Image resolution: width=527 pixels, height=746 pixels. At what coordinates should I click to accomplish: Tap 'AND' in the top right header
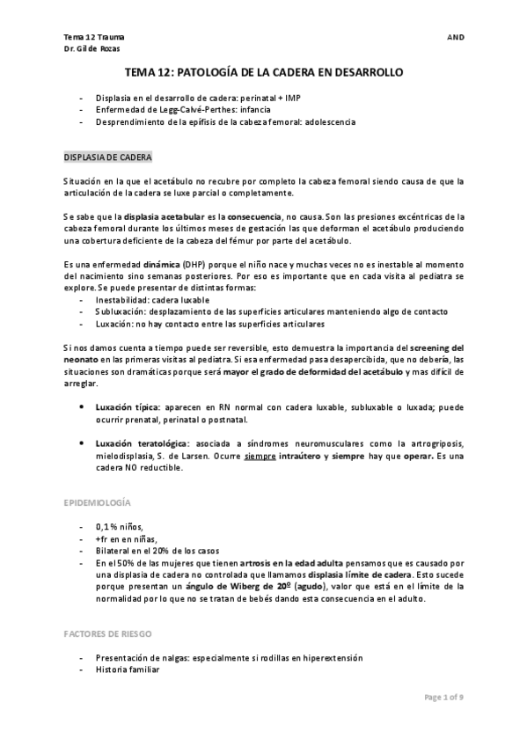[x=456, y=38]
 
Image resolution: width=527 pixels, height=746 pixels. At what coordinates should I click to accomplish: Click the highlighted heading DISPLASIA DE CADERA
[x=107, y=157]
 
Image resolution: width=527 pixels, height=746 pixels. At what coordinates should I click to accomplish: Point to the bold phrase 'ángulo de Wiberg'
[x=249, y=585]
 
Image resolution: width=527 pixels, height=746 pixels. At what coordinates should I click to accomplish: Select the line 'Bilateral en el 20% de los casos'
[x=154, y=550]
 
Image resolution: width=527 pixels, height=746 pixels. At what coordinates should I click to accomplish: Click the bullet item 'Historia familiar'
[x=126, y=669]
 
